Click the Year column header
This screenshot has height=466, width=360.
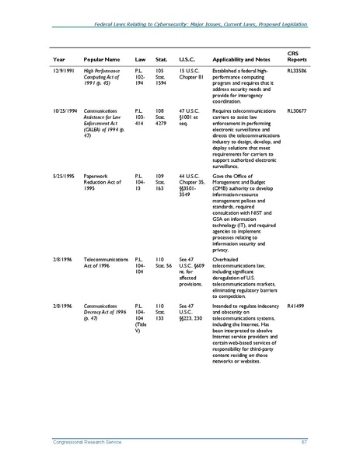point(58,59)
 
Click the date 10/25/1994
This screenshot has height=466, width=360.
point(65,133)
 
